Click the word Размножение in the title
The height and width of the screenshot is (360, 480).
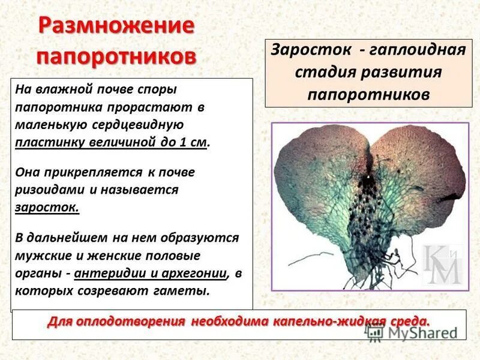click(x=116, y=27)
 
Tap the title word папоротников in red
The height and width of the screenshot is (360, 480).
click(x=116, y=56)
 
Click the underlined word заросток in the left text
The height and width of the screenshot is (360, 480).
click(x=46, y=206)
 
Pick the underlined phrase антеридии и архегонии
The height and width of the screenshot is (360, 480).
click(x=153, y=274)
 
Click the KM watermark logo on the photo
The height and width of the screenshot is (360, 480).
click(x=443, y=264)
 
